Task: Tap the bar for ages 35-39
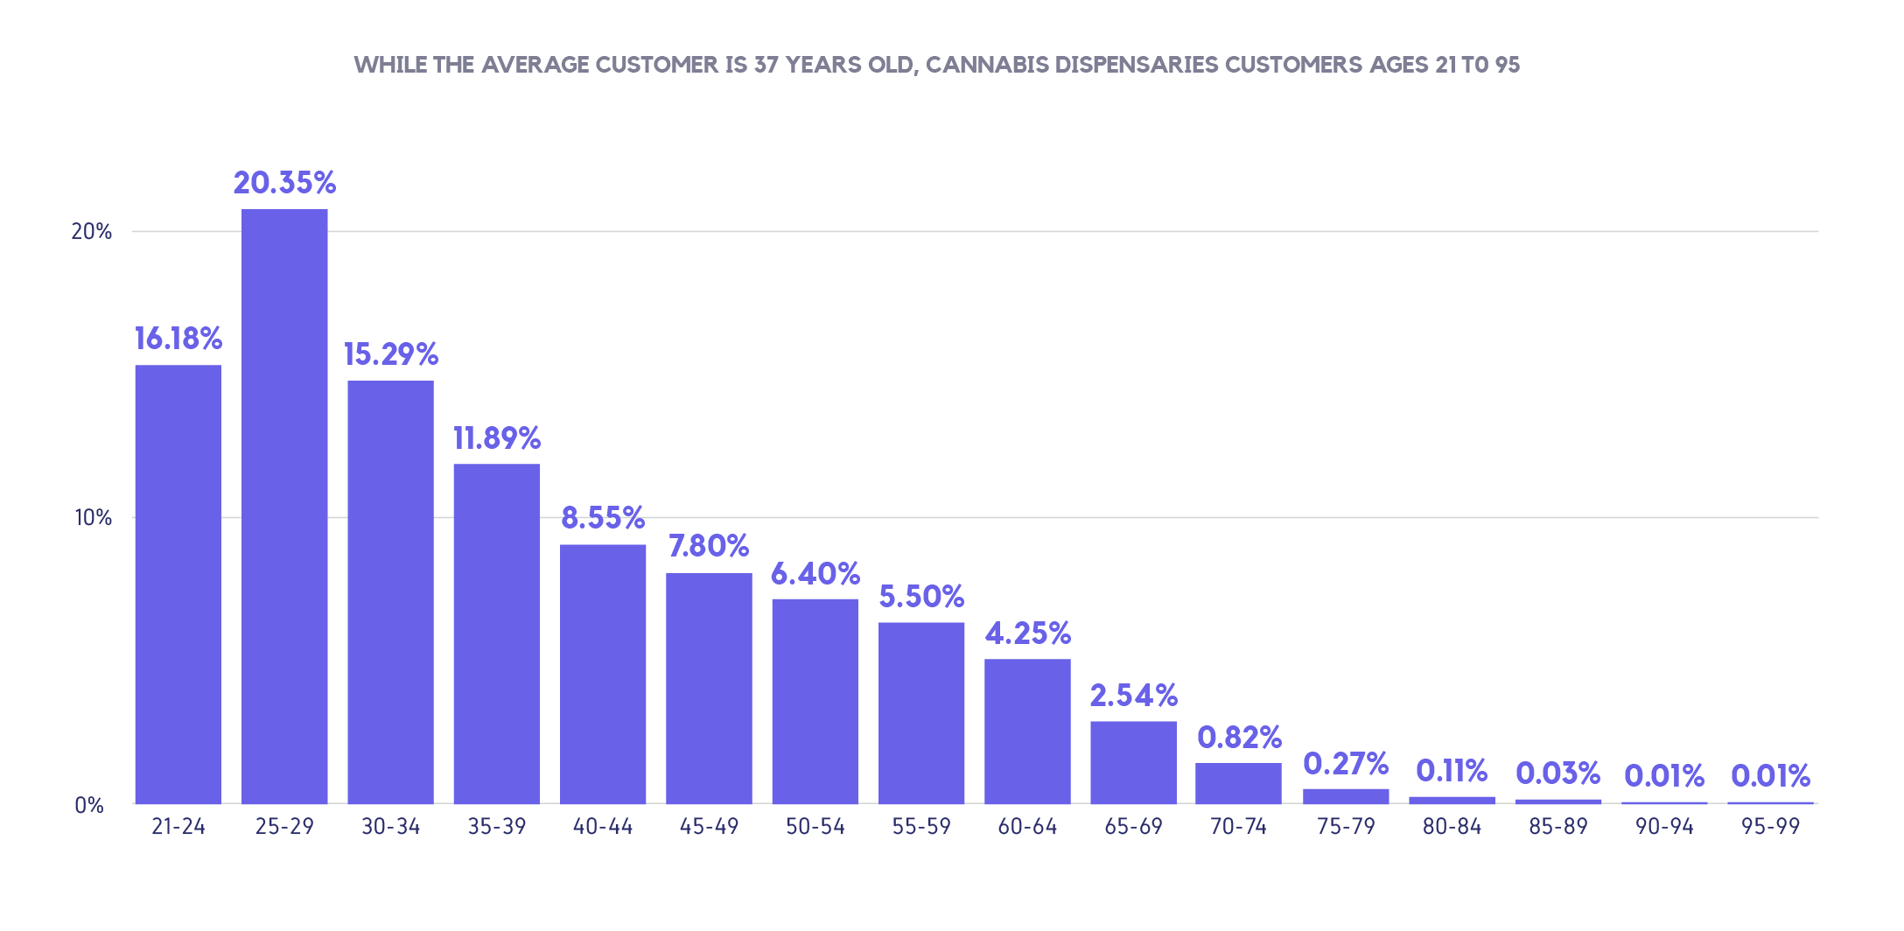(x=497, y=633)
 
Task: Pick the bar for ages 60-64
(x=1027, y=731)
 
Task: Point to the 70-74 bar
(x=1238, y=783)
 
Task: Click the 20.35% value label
(x=284, y=183)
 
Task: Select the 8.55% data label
(x=603, y=518)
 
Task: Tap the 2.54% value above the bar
(x=1133, y=696)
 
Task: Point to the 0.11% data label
(x=1452, y=771)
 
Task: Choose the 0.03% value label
(x=1557, y=773)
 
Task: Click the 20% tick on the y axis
(x=92, y=232)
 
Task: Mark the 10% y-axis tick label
(x=93, y=518)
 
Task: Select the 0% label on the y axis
(x=89, y=805)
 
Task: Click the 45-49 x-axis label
(x=709, y=827)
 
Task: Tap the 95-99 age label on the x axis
(x=1770, y=827)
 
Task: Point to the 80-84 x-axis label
(x=1452, y=827)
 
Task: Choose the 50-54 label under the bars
(x=815, y=827)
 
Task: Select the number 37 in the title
(x=766, y=66)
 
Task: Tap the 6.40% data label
(x=815, y=574)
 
